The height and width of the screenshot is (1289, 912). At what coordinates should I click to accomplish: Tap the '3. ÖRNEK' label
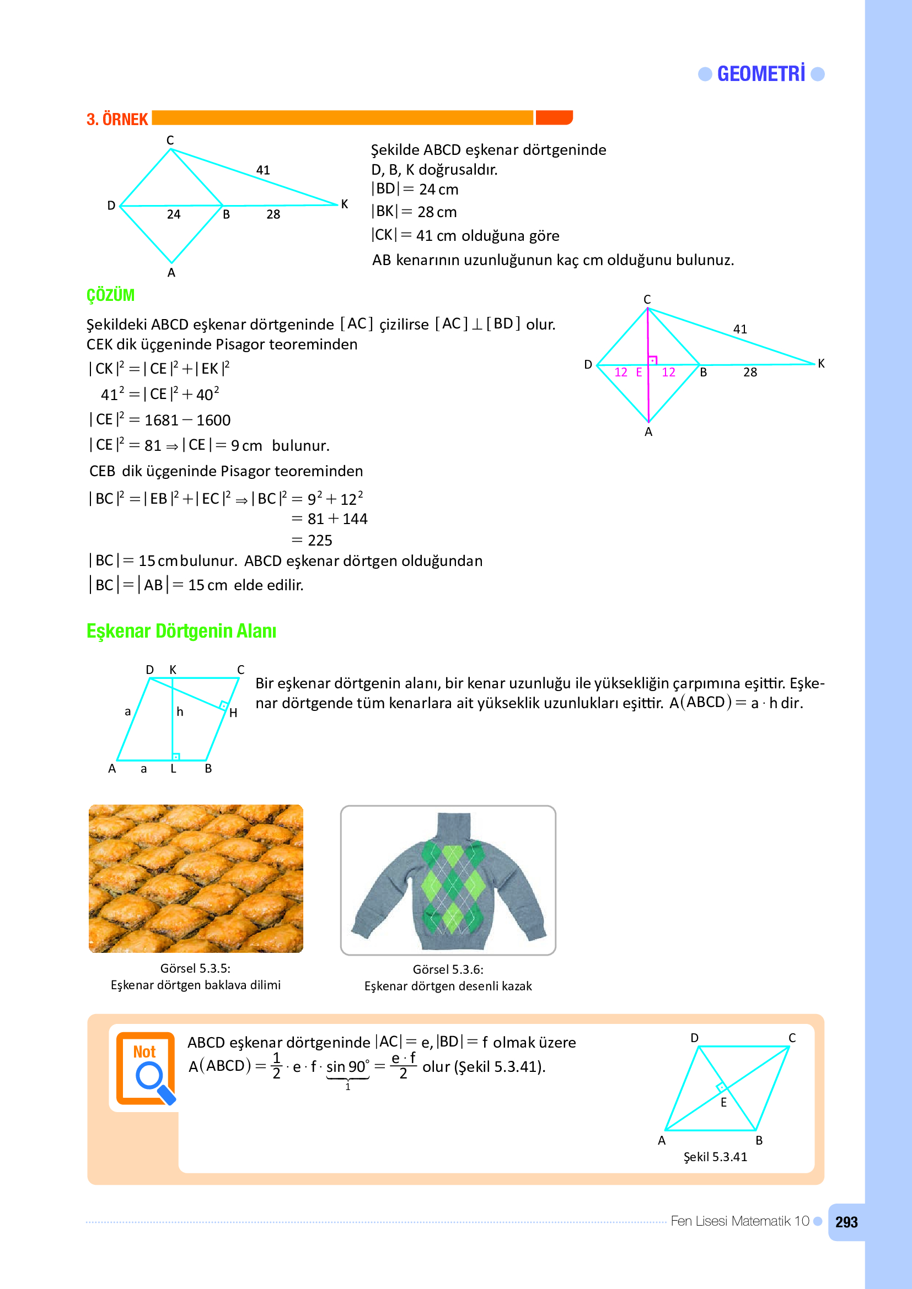pyautogui.click(x=117, y=120)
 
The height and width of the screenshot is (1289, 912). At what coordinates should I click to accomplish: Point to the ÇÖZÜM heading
pyautogui.click(x=110, y=295)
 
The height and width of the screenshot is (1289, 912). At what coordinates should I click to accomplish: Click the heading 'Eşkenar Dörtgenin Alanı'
pyautogui.click(x=181, y=631)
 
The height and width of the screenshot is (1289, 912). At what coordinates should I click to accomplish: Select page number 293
pyautogui.click(x=846, y=1222)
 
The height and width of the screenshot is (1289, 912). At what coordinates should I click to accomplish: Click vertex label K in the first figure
pyautogui.click(x=344, y=204)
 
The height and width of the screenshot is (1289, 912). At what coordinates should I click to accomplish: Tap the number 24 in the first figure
pyautogui.click(x=174, y=214)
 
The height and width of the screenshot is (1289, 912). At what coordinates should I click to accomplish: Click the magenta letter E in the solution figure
pyautogui.click(x=639, y=372)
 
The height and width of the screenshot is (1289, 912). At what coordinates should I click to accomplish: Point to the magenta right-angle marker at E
pyautogui.click(x=652, y=360)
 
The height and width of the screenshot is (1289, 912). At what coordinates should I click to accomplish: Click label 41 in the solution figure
pyautogui.click(x=739, y=330)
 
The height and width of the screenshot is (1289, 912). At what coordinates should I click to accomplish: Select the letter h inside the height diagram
pyautogui.click(x=180, y=712)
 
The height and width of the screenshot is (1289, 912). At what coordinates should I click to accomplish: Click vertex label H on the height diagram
pyautogui.click(x=233, y=713)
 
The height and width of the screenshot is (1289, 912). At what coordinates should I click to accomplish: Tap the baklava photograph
pyautogui.click(x=195, y=878)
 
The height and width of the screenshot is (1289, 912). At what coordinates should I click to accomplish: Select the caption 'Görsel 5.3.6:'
pyautogui.click(x=448, y=969)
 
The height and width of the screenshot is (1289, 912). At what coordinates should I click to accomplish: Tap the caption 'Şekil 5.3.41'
pyautogui.click(x=715, y=1157)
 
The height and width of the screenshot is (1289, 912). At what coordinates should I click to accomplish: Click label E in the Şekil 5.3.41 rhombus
pyautogui.click(x=723, y=1103)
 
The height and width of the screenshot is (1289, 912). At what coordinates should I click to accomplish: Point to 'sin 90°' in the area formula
pyautogui.click(x=347, y=1067)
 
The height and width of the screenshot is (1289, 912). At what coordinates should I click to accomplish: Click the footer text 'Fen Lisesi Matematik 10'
pyautogui.click(x=739, y=1221)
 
